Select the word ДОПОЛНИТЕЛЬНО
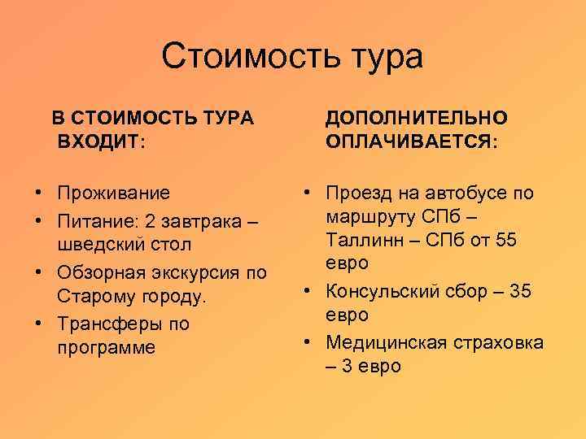[416, 118]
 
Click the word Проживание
[114, 193]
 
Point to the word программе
[106, 348]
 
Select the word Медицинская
[392, 342]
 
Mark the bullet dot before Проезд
[307, 193]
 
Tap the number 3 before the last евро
[347, 366]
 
